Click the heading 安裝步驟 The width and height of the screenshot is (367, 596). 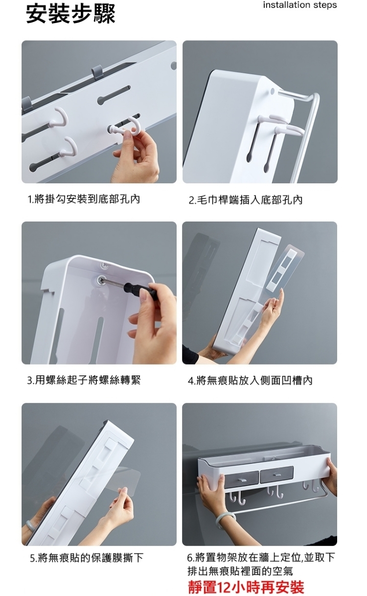pyautogui.click(x=70, y=13)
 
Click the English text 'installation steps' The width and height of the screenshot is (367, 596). pyautogui.click(x=300, y=5)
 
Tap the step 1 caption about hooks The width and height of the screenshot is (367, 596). pyautogui.click(x=84, y=199)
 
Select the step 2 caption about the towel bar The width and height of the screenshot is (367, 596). pyautogui.click(x=246, y=200)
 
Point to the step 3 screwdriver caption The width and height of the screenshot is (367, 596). pyautogui.click(x=84, y=380)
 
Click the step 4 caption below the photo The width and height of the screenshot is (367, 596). pyautogui.click(x=250, y=380)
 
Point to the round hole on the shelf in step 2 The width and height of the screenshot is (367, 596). pyautogui.click(x=273, y=91)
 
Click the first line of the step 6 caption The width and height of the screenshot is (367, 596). pyautogui.click(x=261, y=557)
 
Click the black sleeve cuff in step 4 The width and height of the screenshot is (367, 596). pyautogui.click(x=190, y=353)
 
